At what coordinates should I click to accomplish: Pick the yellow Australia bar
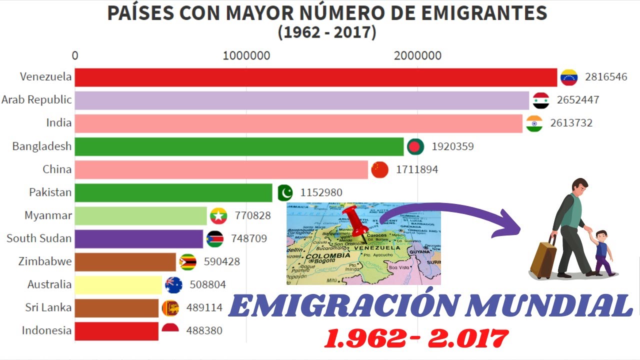(118, 284)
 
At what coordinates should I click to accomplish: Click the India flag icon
(534, 123)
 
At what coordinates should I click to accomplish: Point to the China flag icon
(379, 169)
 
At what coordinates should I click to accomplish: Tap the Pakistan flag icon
(284, 192)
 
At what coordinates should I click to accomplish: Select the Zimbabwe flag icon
(188, 261)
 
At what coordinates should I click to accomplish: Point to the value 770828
(252, 215)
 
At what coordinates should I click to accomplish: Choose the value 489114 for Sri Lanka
(204, 307)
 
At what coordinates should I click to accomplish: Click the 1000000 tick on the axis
(246, 55)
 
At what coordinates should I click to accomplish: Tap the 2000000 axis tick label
(417, 55)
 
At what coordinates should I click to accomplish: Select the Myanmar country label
(48, 215)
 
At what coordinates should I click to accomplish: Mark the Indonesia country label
(47, 330)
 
